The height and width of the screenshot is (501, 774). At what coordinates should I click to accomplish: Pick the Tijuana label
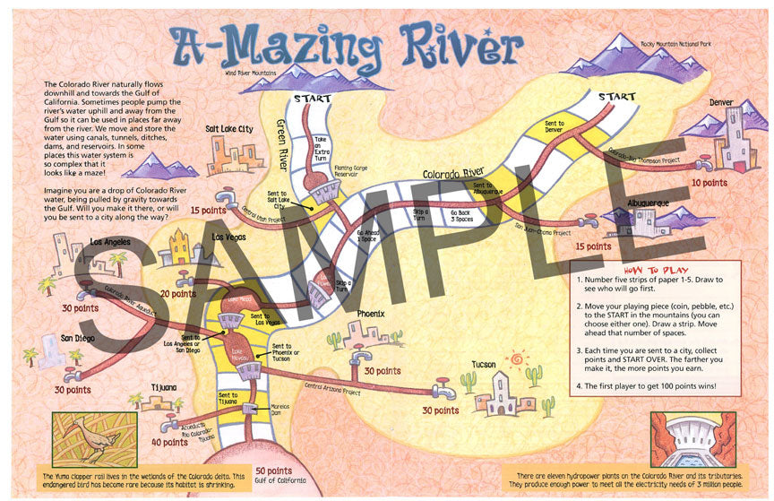point(164,388)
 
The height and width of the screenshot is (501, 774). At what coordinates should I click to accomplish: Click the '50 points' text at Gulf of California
point(274,471)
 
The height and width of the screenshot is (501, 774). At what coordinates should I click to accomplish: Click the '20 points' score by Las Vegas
point(178,293)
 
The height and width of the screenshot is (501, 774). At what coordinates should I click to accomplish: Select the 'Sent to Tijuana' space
point(229,400)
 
